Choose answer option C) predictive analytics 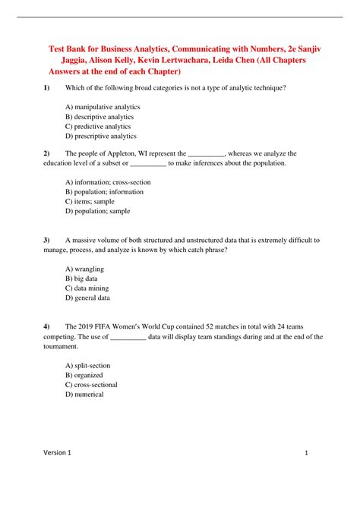tap(98, 127)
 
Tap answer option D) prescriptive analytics tap(101, 137)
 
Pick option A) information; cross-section tap(108, 182)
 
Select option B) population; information tap(105, 192)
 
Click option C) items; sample tap(89, 202)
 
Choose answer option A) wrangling tap(85, 269)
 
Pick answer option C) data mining tap(87, 289)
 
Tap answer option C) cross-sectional tap(95, 385)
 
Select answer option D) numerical tap(84, 395)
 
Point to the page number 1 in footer tap(305, 474)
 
